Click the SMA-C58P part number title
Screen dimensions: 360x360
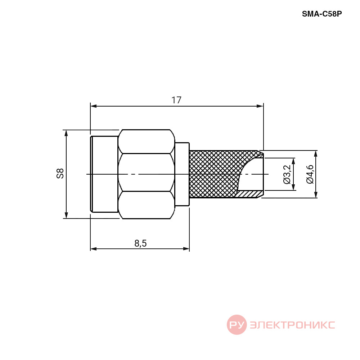click(x=321, y=14)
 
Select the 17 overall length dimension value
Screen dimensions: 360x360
click(x=176, y=100)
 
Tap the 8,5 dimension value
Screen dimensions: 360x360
click(x=140, y=243)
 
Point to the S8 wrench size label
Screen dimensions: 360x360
click(x=60, y=174)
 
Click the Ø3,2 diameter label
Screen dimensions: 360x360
click(x=287, y=175)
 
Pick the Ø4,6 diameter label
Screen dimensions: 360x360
click(x=310, y=174)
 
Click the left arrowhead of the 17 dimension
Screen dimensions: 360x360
click(x=94, y=106)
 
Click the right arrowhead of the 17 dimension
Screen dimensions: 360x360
click(x=260, y=106)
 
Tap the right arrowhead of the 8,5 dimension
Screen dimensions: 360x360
click(x=186, y=249)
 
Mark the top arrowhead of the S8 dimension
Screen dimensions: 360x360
click(x=66, y=133)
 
